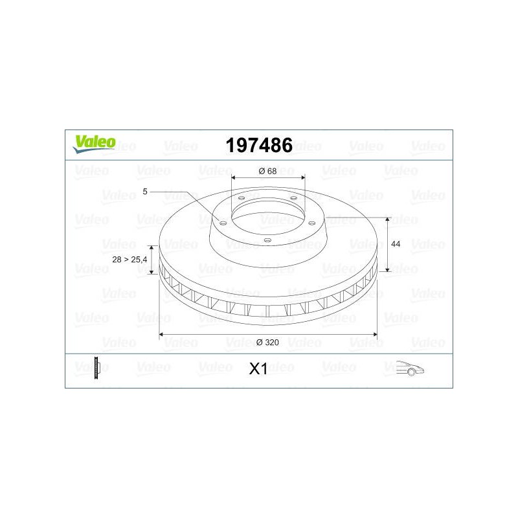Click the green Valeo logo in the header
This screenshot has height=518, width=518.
94,144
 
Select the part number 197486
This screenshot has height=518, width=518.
259,145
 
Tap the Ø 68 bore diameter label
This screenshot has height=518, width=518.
267,171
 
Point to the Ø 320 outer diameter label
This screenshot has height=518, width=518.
267,343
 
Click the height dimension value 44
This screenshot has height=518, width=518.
396,244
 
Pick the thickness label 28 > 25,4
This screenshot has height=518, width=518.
129,260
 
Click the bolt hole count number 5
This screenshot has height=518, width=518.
144,192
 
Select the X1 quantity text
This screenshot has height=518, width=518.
258,369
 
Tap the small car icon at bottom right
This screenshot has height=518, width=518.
410,368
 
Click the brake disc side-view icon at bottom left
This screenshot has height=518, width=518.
96,368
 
